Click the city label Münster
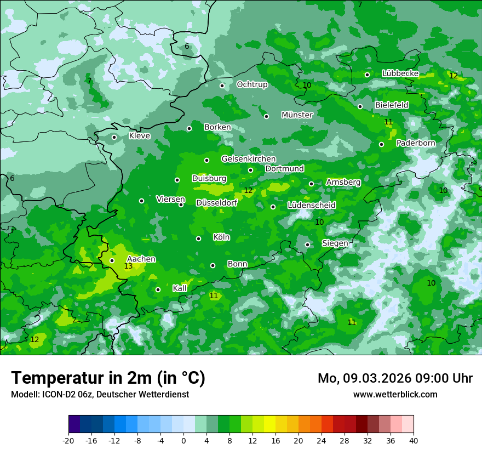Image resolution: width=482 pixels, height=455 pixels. click(x=297, y=115)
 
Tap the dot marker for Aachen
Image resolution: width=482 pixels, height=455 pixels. click(x=112, y=260)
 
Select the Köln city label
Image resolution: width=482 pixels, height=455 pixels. click(x=221, y=237)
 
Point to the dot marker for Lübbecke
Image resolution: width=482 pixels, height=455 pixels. click(x=367, y=75)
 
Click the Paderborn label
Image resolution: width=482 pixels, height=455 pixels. click(x=416, y=143)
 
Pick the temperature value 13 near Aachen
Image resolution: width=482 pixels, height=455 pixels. click(x=128, y=266)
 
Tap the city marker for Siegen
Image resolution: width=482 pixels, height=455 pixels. click(x=307, y=244)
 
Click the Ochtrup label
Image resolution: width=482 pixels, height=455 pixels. click(x=252, y=84)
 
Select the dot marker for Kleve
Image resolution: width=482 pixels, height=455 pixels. click(x=114, y=137)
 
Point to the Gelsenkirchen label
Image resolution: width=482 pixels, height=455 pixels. click(x=248, y=159)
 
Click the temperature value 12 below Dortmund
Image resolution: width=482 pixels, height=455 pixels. click(x=248, y=191)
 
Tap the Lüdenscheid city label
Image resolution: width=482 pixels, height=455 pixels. click(x=312, y=206)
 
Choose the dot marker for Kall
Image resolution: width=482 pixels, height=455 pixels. click(x=158, y=289)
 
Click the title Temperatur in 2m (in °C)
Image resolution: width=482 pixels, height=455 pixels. click(x=108, y=378)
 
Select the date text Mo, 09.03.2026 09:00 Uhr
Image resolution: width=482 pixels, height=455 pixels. click(x=395, y=378)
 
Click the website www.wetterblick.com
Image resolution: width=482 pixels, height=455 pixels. click(x=395, y=395)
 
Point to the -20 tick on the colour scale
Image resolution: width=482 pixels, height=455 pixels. click(x=68, y=441)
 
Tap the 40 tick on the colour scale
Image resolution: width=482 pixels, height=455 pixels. click(x=413, y=441)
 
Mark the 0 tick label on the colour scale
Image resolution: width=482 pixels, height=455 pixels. click(x=183, y=441)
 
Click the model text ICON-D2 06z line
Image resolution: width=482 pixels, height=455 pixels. click(x=100, y=395)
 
